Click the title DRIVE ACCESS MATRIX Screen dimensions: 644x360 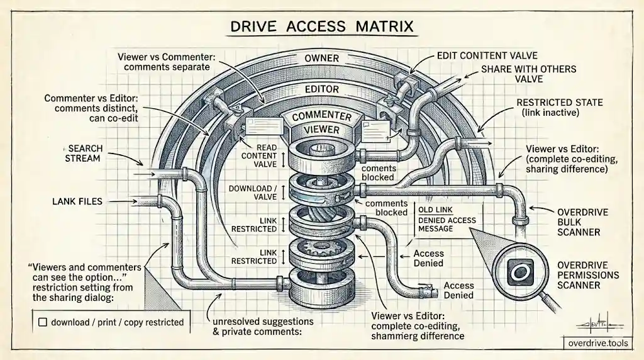(321, 26)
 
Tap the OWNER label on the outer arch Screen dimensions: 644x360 (321, 59)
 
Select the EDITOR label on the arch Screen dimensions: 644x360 (322, 89)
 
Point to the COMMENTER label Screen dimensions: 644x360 (321, 116)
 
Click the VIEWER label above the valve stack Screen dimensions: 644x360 (321, 130)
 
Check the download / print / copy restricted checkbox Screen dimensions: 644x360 (43, 322)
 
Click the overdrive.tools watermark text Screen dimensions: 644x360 (598, 343)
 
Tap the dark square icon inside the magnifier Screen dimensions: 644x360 (520, 272)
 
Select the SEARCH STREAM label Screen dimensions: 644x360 (84, 154)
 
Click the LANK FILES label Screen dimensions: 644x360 (77, 201)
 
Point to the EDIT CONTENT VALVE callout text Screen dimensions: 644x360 (487, 55)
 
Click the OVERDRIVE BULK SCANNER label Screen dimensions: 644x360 (577, 222)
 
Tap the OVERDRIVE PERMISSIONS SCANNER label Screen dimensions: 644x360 (588, 275)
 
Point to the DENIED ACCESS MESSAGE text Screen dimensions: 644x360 (447, 225)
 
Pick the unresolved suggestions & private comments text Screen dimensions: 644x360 (263, 326)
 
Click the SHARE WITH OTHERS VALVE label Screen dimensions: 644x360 (528, 74)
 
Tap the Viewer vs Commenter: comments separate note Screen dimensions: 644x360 (166, 62)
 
